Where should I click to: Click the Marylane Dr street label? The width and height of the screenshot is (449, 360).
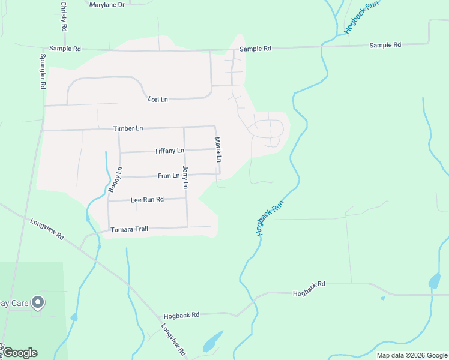pos(106,4)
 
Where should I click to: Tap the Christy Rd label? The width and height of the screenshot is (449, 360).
pos(63,16)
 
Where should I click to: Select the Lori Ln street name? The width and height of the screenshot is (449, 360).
pos(157,98)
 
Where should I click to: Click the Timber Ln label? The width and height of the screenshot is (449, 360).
pos(128,128)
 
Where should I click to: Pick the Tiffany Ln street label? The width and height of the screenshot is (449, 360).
pos(169,151)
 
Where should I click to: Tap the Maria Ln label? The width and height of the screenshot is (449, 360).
pos(218,150)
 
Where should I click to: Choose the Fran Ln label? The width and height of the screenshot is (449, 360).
pos(169,176)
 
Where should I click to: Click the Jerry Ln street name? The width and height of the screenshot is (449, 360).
pos(185,178)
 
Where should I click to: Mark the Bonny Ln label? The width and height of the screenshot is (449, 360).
pos(115,179)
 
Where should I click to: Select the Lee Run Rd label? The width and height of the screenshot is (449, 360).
pos(147,199)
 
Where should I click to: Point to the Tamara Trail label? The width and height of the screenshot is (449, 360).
pos(129,229)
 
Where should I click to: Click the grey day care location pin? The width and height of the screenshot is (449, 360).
pos(38,302)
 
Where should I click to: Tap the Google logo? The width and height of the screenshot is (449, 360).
pos(20,353)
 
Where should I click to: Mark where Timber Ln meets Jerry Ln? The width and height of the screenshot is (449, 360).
pos(184,127)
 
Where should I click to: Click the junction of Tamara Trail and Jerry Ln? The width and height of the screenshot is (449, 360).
pos(187,227)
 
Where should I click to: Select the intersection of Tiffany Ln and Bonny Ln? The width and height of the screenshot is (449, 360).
pos(120,152)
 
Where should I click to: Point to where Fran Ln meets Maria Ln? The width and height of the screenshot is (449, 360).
pos(220,174)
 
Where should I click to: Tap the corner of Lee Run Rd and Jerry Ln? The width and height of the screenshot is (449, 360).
pos(186,198)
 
